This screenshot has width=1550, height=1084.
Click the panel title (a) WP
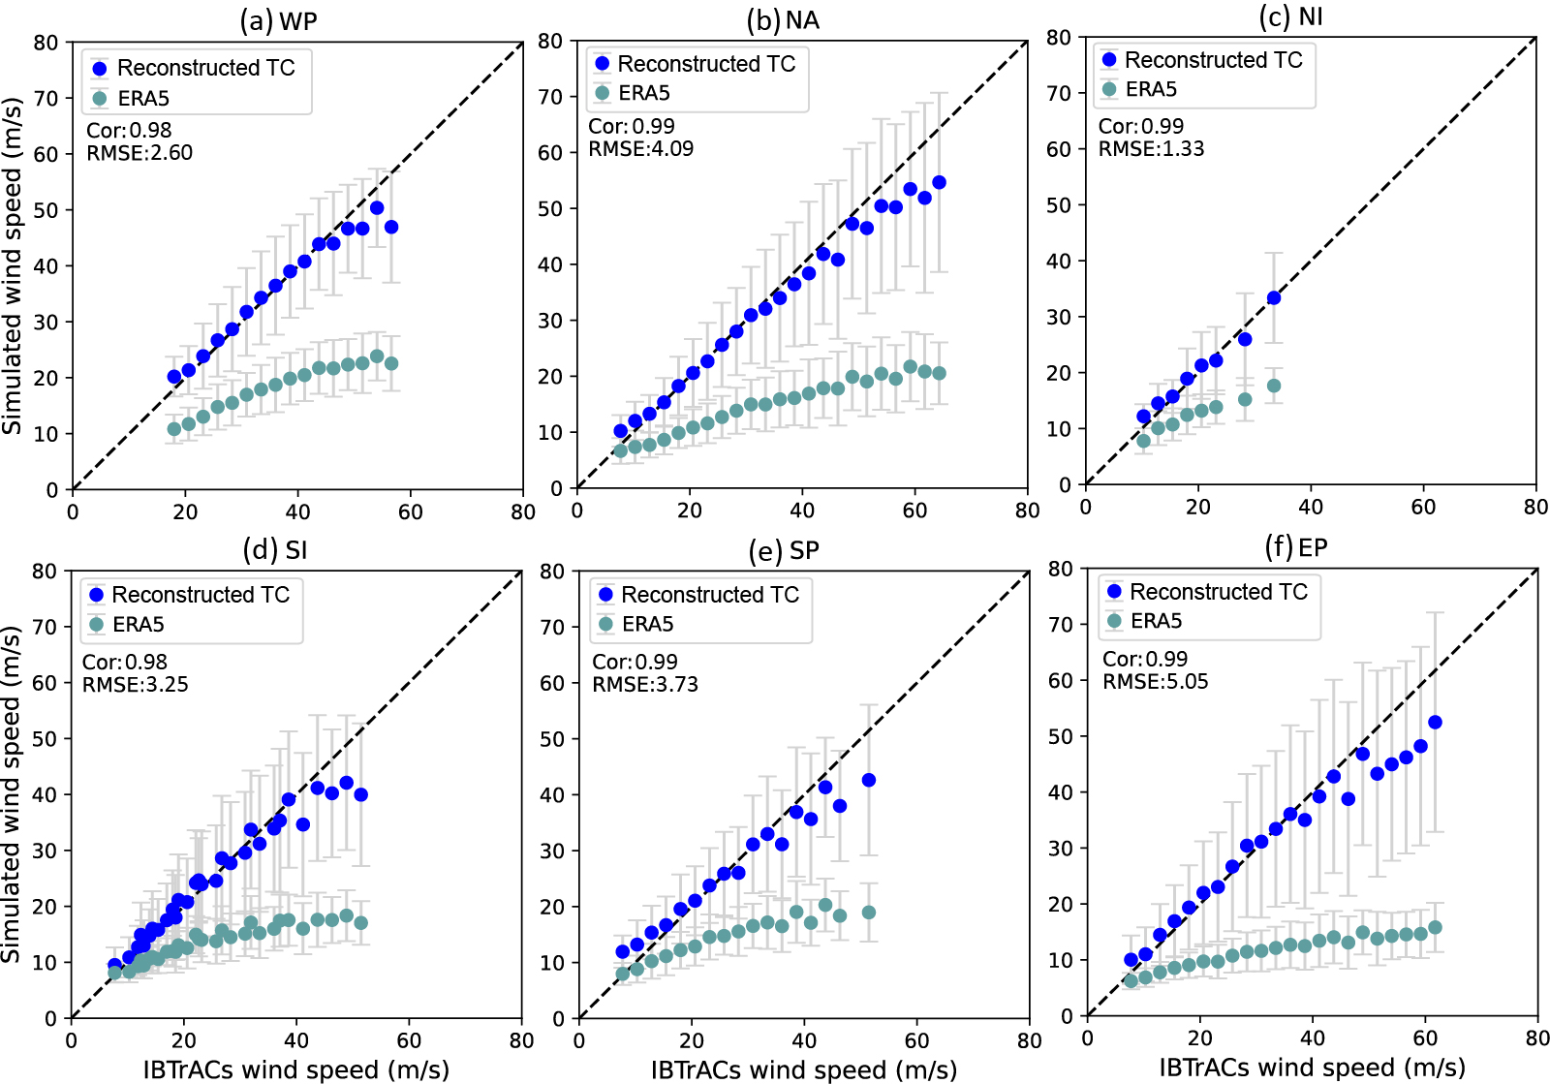[x=278, y=20]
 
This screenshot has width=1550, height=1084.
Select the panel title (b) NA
[x=783, y=20]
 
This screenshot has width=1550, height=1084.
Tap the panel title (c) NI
[x=1290, y=17]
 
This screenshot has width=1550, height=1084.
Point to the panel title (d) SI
[x=275, y=549]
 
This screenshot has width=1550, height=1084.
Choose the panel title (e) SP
[x=784, y=550]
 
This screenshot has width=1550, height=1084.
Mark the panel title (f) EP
[x=1296, y=547]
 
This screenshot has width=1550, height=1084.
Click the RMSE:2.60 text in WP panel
[x=139, y=153]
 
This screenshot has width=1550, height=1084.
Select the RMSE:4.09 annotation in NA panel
[x=641, y=149]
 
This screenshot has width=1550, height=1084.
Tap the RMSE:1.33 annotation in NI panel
[x=1151, y=149]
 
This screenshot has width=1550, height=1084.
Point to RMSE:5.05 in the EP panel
[x=1156, y=682]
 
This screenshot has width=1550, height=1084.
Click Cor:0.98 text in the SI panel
[x=125, y=663]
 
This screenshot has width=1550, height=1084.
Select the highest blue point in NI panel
[x=1274, y=298]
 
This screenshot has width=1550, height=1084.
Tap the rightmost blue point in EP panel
[x=1435, y=723]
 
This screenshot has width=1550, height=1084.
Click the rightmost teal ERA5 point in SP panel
[x=869, y=913]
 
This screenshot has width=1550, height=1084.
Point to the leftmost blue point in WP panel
[x=174, y=377]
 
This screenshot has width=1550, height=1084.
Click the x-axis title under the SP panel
[x=803, y=1069]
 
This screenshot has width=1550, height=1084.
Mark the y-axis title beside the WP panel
[x=12, y=265]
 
